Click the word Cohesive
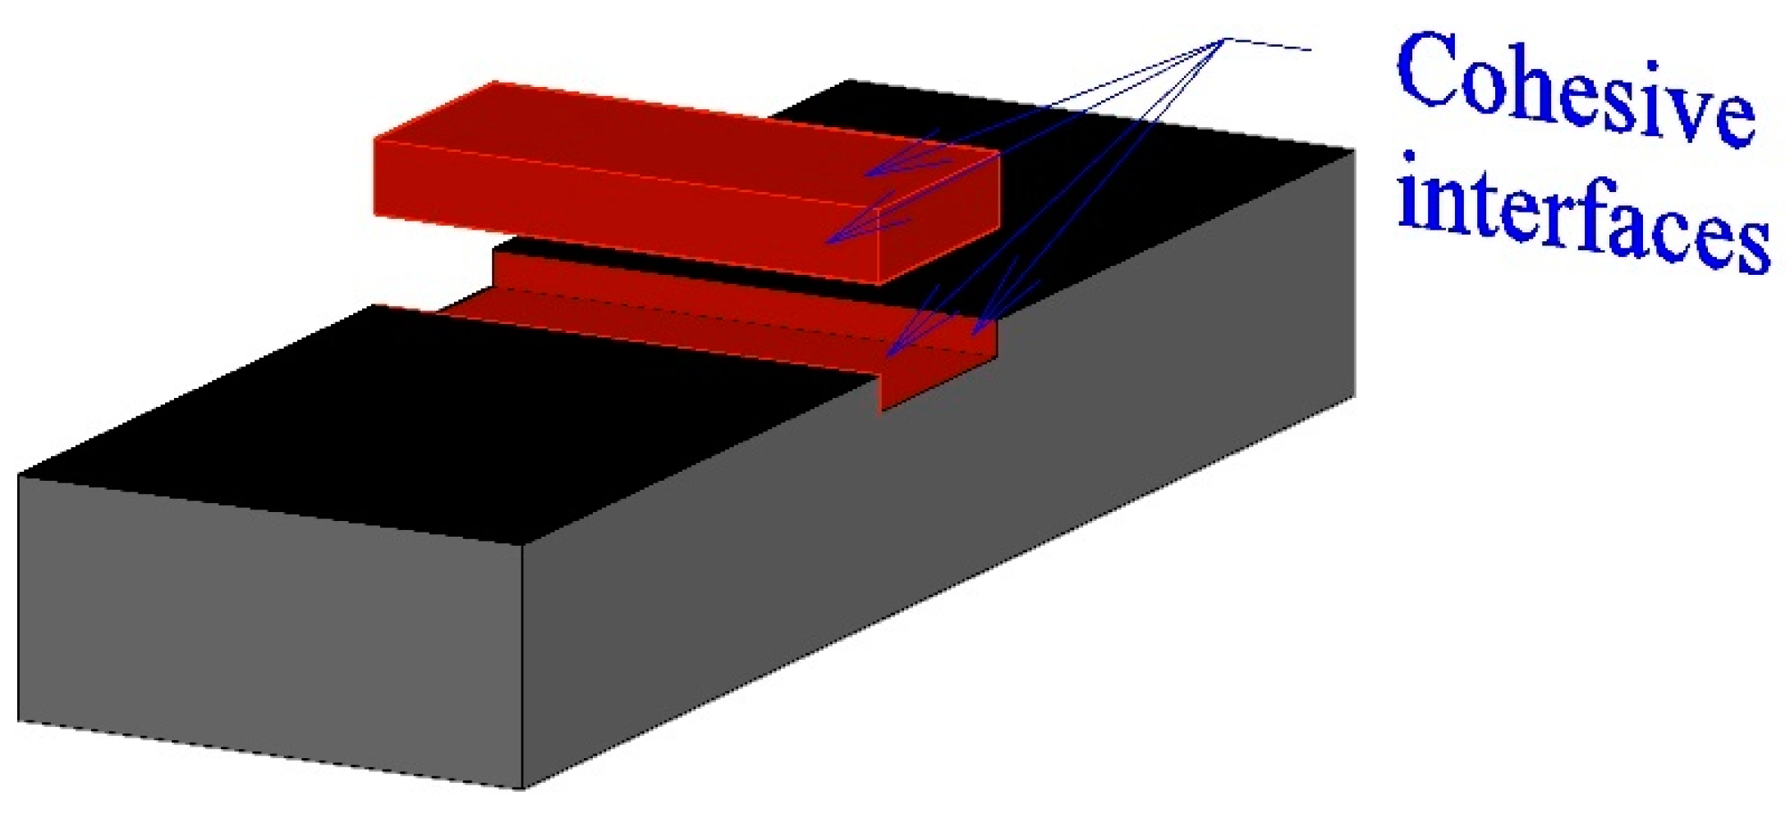[x=1575, y=90]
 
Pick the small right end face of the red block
[x=939, y=217]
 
